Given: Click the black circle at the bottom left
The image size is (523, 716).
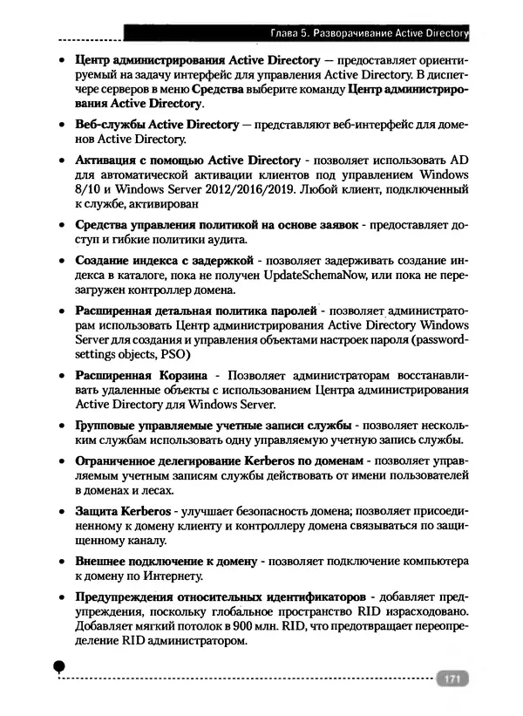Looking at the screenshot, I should [x=58, y=665].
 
